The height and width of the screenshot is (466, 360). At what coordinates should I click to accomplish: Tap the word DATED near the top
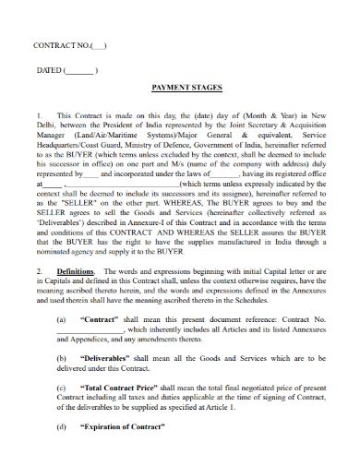48,70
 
